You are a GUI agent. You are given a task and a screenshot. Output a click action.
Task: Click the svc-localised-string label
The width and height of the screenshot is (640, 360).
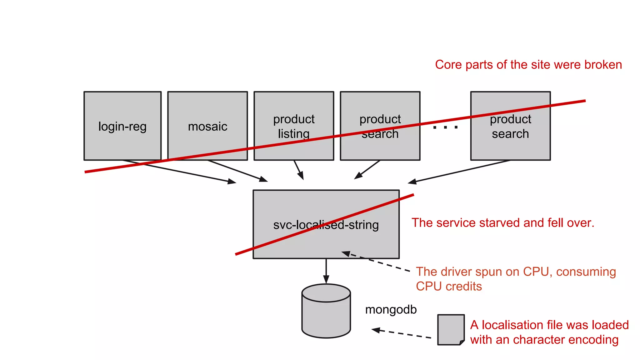[326, 225]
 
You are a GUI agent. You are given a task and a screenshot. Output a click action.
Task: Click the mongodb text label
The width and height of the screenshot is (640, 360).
[391, 310]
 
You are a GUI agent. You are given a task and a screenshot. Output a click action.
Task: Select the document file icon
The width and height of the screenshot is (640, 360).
[450, 330]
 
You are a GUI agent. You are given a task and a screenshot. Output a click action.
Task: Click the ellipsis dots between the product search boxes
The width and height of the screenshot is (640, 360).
[445, 127]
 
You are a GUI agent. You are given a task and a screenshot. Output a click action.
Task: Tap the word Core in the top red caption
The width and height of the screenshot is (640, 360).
[448, 65]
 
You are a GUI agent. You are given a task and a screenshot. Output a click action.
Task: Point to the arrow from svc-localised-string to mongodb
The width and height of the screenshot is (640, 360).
[326, 271]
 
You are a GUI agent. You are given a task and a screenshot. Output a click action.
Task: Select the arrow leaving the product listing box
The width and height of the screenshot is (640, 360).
[298, 170]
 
